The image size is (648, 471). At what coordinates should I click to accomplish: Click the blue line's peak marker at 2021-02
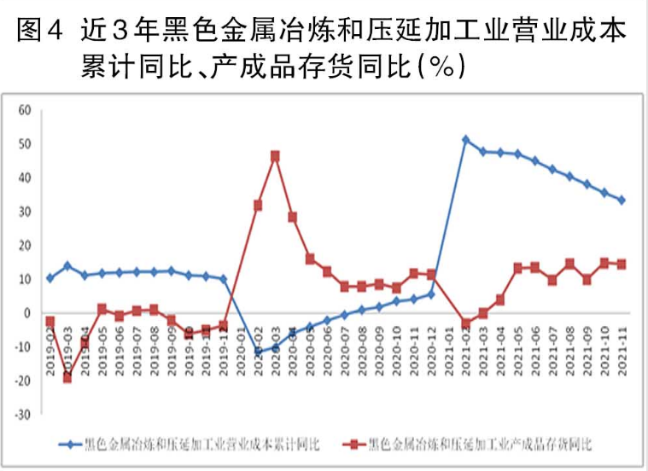click(465, 139)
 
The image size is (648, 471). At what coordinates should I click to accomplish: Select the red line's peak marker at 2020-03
click(275, 156)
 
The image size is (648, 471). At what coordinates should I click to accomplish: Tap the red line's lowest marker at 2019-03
click(67, 377)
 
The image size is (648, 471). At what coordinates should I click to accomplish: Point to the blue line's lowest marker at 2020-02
click(258, 351)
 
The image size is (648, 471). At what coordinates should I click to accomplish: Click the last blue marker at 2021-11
click(622, 200)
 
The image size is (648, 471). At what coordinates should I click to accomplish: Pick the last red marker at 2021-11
click(622, 265)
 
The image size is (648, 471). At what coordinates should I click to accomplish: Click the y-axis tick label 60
click(24, 110)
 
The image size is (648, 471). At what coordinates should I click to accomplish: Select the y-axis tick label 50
click(24, 144)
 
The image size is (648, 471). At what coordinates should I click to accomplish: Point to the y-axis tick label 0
click(26, 313)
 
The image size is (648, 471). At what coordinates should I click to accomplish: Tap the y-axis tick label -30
click(23, 415)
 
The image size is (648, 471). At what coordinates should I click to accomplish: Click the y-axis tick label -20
click(23, 381)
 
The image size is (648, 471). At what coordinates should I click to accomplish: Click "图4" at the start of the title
click(39, 32)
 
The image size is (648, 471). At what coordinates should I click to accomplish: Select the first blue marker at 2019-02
click(50, 278)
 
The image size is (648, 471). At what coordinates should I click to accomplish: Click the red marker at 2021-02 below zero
click(465, 324)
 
